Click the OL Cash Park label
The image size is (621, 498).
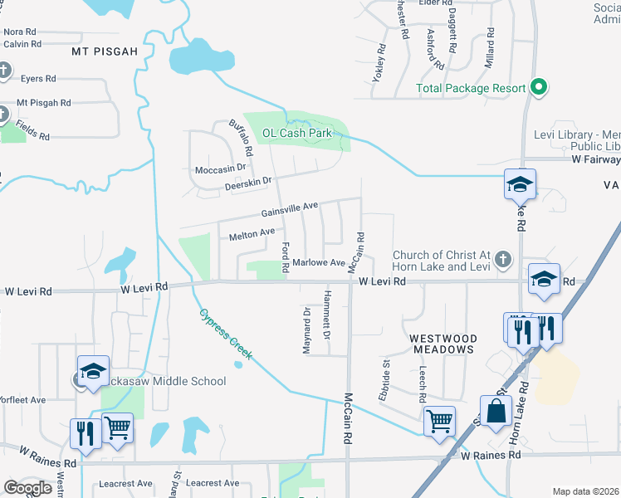click(296, 133)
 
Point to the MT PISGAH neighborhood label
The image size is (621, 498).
click(104, 51)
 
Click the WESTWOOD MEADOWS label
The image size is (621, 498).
click(443, 344)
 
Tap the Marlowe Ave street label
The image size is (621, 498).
click(319, 263)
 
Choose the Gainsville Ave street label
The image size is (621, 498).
click(290, 207)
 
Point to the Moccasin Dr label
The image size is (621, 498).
click(220, 168)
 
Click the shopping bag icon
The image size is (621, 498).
click(496, 411)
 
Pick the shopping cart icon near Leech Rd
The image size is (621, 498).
click(438, 419)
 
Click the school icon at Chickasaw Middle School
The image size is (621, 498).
click(93, 370)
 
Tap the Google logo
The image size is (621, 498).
click(27, 488)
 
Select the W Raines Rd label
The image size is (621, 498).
click(491, 455)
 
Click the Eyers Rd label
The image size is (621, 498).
click(38, 78)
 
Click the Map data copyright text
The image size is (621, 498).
click(585, 491)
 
